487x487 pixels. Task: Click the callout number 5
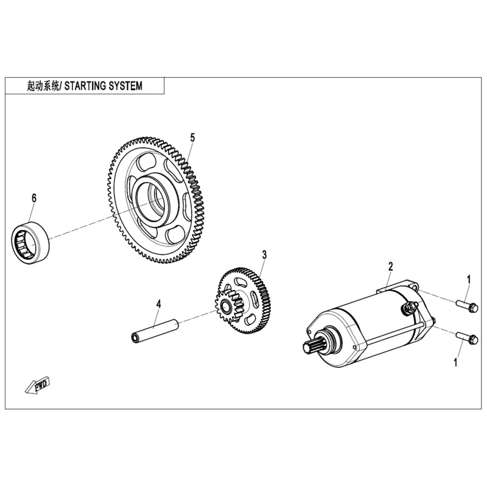(x=192, y=138)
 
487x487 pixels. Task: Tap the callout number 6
(x=34, y=198)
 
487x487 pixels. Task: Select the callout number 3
(x=264, y=254)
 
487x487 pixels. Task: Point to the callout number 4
(x=158, y=303)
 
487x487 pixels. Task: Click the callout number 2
(x=390, y=266)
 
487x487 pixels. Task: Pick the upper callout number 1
(x=469, y=279)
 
